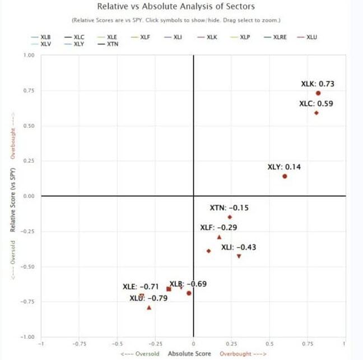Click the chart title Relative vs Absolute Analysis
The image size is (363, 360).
[x=175, y=7]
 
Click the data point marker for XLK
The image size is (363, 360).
[x=318, y=93]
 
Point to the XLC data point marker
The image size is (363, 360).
[x=317, y=113]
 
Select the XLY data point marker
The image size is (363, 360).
[x=285, y=176]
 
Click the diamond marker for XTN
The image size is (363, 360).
[x=230, y=217]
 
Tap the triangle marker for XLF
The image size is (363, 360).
[x=219, y=237]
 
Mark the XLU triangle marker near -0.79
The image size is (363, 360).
[x=149, y=307]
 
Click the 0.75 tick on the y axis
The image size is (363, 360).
[x=29, y=91]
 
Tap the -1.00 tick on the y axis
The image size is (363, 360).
[x=27, y=337]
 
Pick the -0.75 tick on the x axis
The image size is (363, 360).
[x=79, y=344]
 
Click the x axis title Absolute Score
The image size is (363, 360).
[x=189, y=354]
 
